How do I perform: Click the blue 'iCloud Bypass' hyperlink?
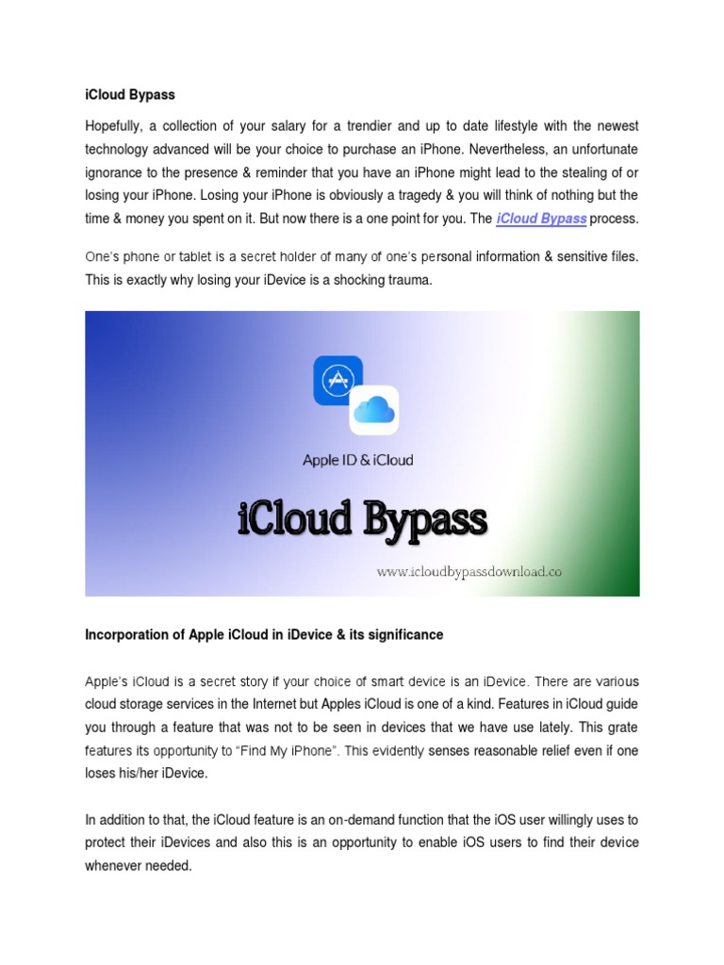[x=541, y=219]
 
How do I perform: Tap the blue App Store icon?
[x=337, y=380]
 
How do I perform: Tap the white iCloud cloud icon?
[x=373, y=410]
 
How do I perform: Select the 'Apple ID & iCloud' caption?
[x=357, y=460]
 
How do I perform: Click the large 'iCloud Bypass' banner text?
[x=362, y=519]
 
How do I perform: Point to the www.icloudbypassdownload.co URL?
[x=469, y=571]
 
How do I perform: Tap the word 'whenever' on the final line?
[x=115, y=865]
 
